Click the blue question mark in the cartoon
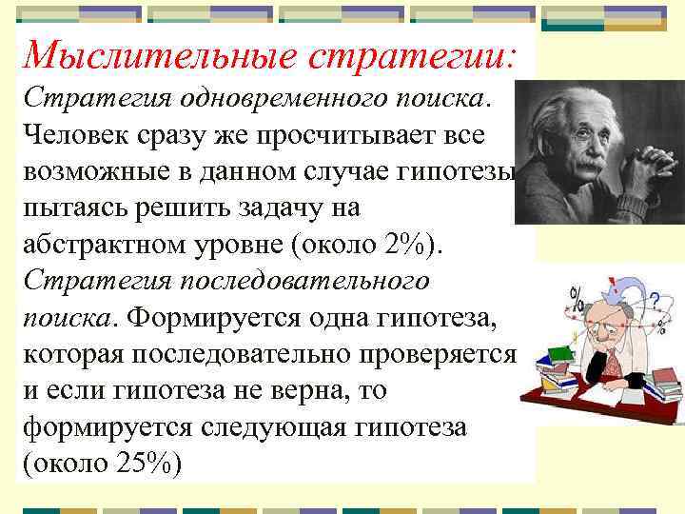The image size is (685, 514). tap(655, 299)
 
